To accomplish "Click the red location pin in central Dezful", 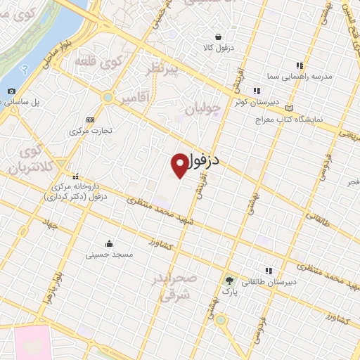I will [x=180, y=165].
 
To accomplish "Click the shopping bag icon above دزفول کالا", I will [x=218, y=37].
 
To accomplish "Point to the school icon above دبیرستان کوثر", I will [x=256, y=90].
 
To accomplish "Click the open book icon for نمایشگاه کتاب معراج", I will [x=290, y=108].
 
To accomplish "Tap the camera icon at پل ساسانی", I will [x=11, y=91].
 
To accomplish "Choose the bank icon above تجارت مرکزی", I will [x=89, y=120].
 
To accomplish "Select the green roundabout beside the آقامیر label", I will [x=108, y=97].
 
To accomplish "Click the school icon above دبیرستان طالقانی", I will [x=268, y=270].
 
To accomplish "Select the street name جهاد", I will [x=50, y=225].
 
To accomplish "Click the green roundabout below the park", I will [x=221, y=319].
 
